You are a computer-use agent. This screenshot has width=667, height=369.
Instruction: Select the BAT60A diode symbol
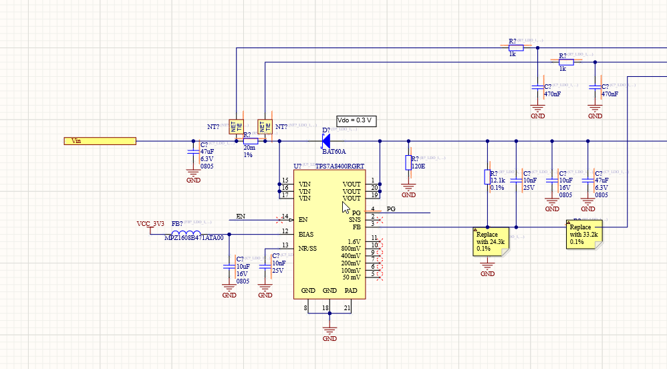click(326, 141)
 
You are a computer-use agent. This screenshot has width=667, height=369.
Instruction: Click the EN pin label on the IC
click(303, 219)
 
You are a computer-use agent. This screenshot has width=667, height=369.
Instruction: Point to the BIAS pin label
click(306, 234)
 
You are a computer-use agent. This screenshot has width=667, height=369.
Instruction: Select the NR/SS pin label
click(308, 249)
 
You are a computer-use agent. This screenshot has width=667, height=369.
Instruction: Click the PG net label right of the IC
click(391, 209)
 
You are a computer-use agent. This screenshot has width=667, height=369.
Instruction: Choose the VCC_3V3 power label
click(150, 223)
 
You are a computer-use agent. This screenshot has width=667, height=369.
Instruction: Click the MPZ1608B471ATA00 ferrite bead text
click(194, 238)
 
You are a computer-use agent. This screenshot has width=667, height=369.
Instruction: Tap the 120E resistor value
click(419, 165)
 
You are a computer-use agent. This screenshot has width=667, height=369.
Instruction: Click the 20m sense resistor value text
click(249, 148)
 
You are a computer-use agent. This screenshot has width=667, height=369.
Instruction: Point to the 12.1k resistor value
click(497, 180)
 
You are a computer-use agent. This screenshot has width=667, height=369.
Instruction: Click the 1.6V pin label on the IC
click(354, 241)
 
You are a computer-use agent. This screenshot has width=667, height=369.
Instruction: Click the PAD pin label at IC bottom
click(351, 291)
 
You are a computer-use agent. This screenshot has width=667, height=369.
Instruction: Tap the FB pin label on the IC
click(356, 227)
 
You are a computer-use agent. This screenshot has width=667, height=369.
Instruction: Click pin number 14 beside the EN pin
click(285, 217)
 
